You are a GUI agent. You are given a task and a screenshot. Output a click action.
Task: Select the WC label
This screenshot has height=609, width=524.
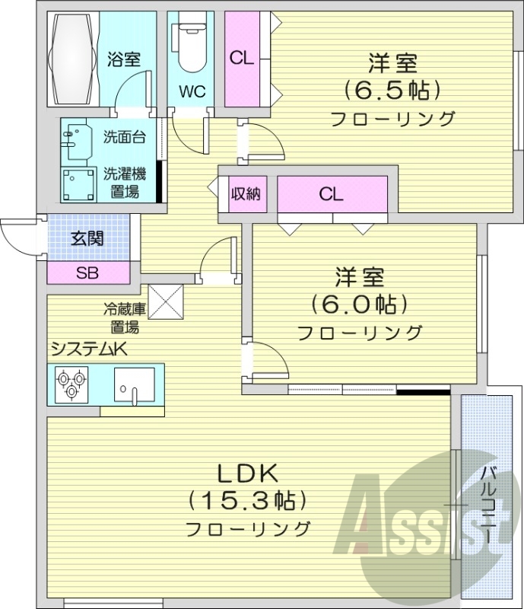[x=192, y=93]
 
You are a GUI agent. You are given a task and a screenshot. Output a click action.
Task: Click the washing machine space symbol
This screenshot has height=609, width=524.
[x=78, y=183]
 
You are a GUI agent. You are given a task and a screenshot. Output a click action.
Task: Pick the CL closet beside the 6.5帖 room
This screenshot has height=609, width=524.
[x=243, y=59]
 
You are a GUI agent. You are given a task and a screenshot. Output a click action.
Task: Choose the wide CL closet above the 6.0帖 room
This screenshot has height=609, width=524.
[x=332, y=194]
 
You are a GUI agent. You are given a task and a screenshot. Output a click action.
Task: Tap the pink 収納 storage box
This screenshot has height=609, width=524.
[x=246, y=194]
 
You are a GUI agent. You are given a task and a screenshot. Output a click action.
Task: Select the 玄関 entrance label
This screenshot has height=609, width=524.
[x=87, y=238]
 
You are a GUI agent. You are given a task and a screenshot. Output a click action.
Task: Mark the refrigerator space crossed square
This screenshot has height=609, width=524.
[x=167, y=302]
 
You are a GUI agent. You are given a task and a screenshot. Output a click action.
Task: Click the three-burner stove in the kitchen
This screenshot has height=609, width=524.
[x=71, y=384]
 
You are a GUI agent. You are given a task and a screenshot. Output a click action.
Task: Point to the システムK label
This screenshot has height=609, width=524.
[x=87, y=349]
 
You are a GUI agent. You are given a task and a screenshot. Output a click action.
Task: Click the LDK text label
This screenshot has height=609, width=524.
[x=247, y=473]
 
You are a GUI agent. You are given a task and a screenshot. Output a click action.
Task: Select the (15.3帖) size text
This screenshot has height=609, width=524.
[x=247, y=500]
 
